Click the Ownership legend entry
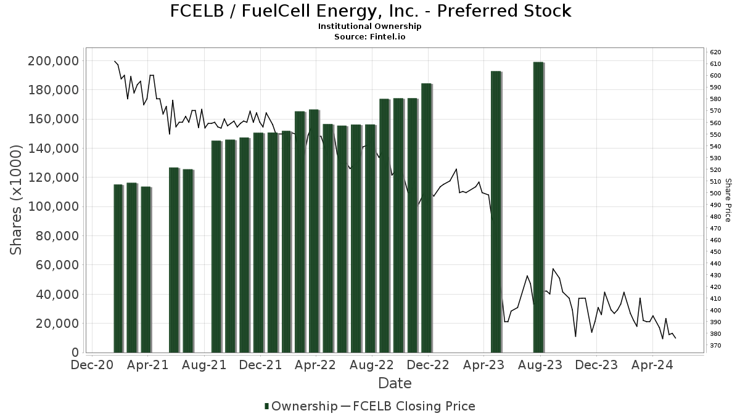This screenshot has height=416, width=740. tap(301, 406)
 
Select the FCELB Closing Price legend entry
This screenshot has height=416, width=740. tap(408, 406)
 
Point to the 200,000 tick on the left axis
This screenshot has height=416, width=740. tap(53, 61)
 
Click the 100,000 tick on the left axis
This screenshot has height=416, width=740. tap(53, 206)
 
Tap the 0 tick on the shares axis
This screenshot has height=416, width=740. tap(75, 353)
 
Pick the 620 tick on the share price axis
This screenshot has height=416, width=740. tap(715, 52)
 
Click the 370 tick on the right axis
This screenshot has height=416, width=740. tap(715, 346)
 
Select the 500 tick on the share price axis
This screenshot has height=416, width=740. tap(715, 194)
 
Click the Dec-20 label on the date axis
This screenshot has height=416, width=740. tap(92, 365)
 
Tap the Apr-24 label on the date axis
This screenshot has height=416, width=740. tap(652, 365)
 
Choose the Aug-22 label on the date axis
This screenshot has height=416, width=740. tap(371, 365)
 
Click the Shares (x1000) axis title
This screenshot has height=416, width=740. tap(17, 200)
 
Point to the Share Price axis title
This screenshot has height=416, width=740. tap(728, 200)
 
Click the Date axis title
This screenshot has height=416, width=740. tap(395, 383)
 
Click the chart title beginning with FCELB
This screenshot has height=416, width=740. tap(370, 11)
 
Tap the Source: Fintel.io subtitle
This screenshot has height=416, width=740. tap(370, 36)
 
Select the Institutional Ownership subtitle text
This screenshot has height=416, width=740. tap(370, 27)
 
